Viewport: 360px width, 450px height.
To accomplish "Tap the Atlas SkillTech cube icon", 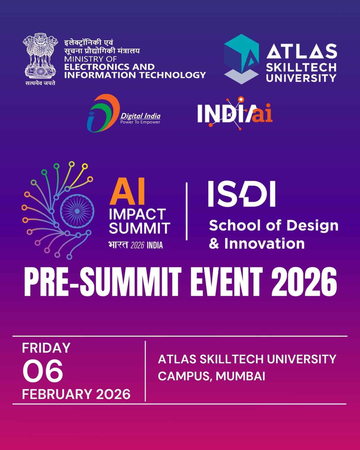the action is [241, 59].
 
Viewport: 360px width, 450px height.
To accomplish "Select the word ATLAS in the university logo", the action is [302, 51].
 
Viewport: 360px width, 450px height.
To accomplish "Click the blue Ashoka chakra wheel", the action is [77, 211].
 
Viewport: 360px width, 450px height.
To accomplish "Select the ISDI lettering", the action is [242, 194].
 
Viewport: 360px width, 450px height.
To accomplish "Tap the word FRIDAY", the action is [46, 348].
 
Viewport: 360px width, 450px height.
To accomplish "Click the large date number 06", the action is [43, 371].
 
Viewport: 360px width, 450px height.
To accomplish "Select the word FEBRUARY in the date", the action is [57, 394].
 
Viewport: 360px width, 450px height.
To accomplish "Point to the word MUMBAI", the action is [240, 376].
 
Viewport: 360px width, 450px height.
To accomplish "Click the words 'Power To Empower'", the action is [140, 122].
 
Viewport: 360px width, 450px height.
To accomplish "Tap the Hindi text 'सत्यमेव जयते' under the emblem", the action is [40, 83].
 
